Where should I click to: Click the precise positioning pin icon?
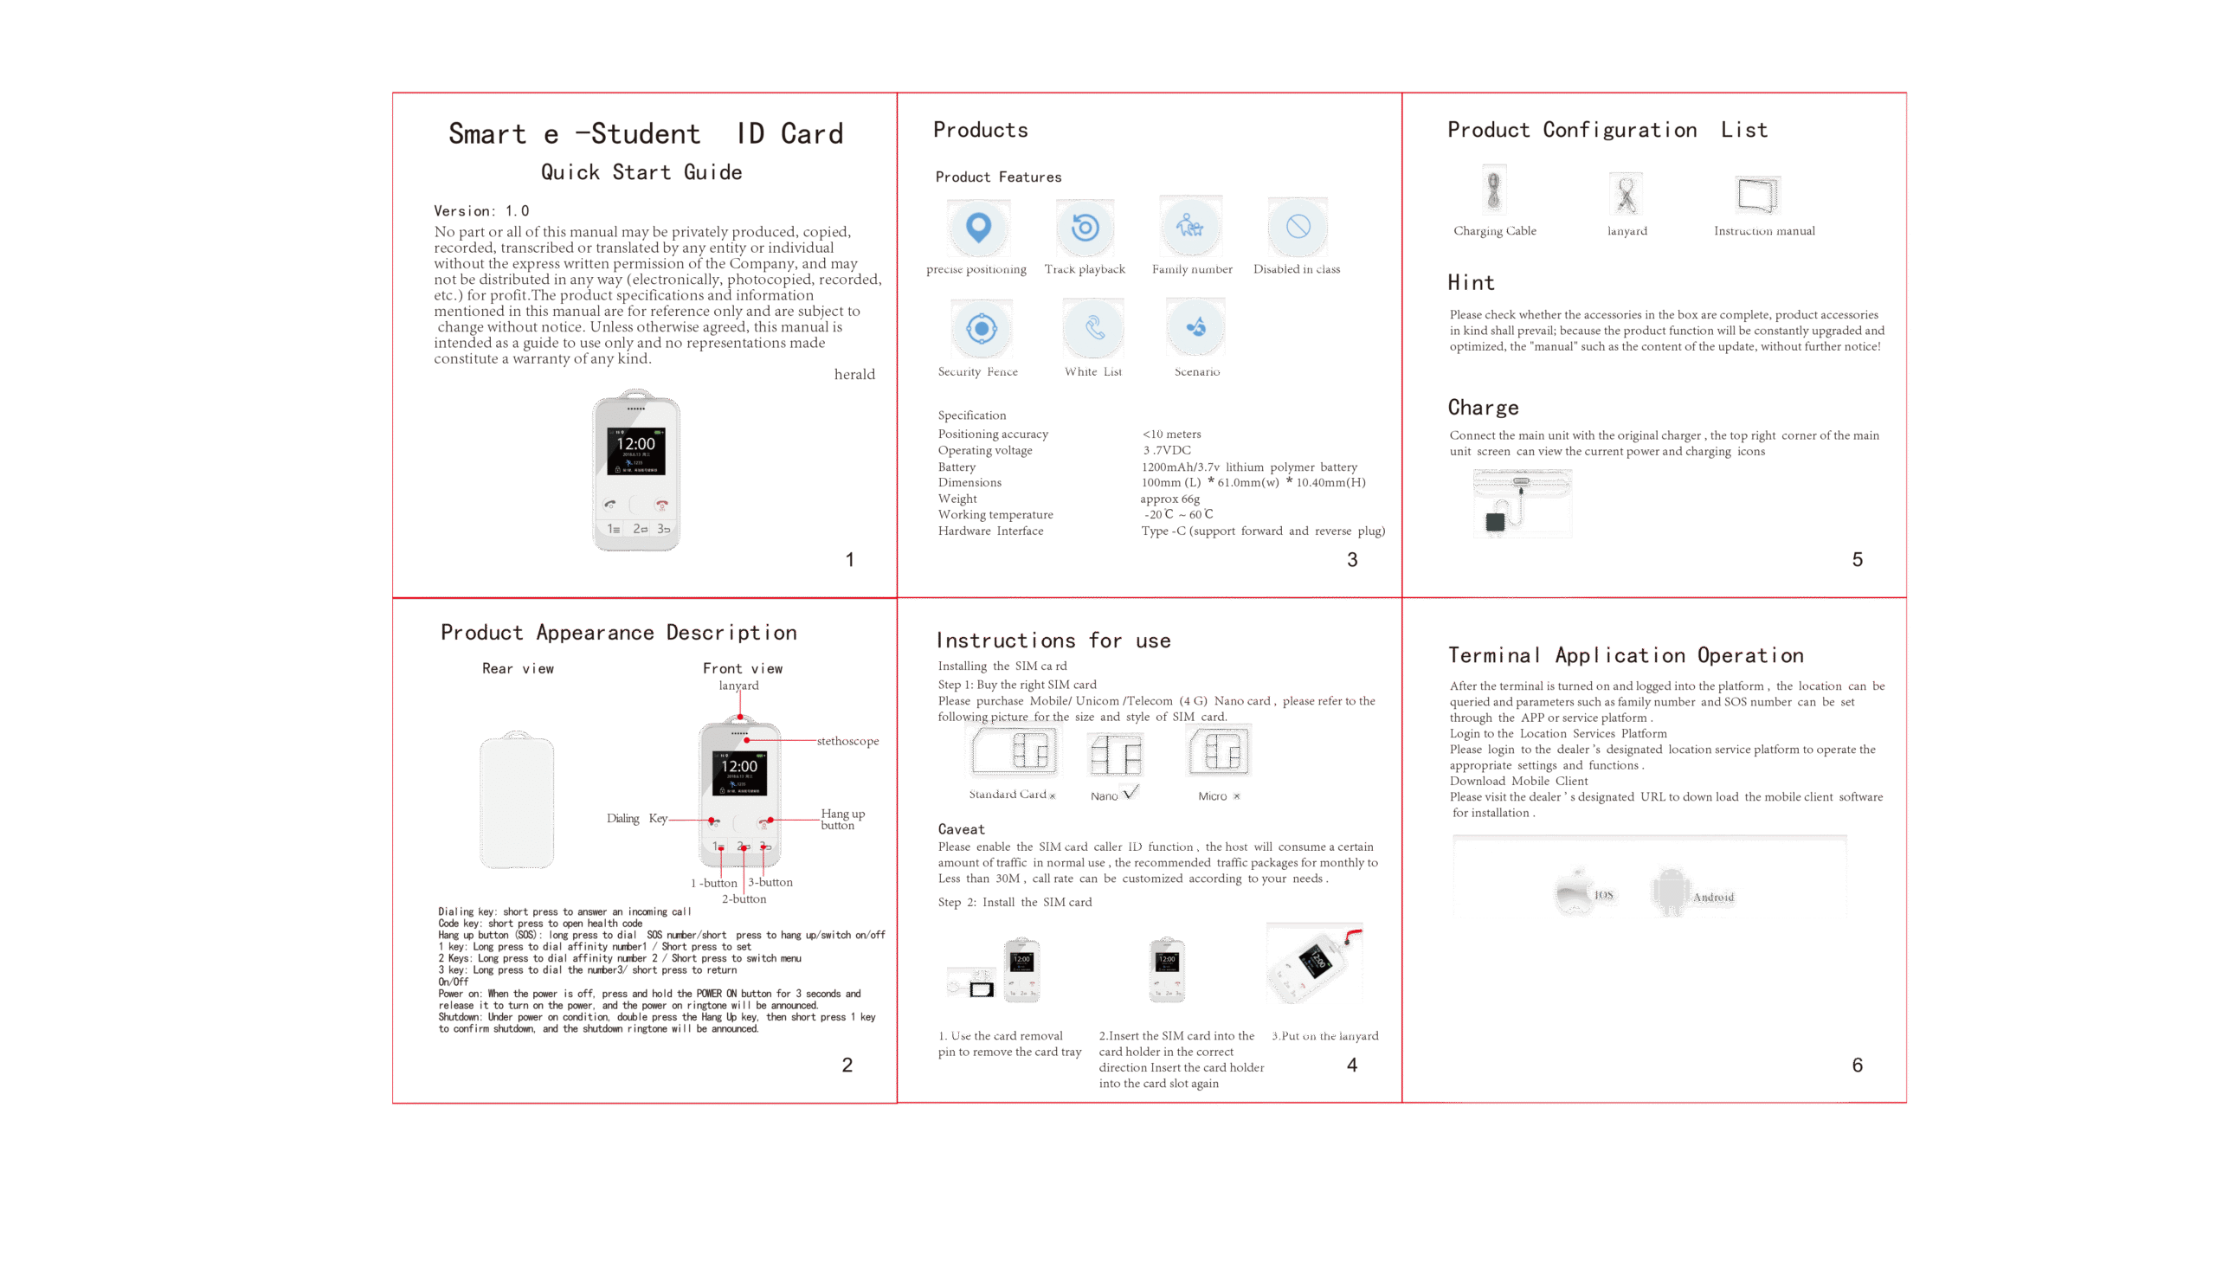coord(978,227)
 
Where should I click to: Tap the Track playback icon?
coord(1085,228)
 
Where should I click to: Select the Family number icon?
coord(1191,226)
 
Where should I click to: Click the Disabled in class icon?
coord(1298,227)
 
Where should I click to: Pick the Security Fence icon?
coord(981,329)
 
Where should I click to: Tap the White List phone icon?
coord(1093,328)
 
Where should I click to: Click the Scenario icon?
coord(1196,327)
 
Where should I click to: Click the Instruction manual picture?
coord(1757,194)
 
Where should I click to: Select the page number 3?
coord(1352,560)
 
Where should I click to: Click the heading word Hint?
coord(1471,282)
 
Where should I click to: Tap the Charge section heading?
coord(1483,408)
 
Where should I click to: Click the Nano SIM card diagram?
coord(1116,754)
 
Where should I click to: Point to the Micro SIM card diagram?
coord(1220,750)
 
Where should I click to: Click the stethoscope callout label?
coord(847,741)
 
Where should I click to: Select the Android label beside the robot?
coord(1713,897)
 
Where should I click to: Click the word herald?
coord(854,375)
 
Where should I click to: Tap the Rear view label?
coord(518,668)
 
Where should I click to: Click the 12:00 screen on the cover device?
coord(636,451)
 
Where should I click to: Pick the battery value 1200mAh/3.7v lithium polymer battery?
coord(1249,467)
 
